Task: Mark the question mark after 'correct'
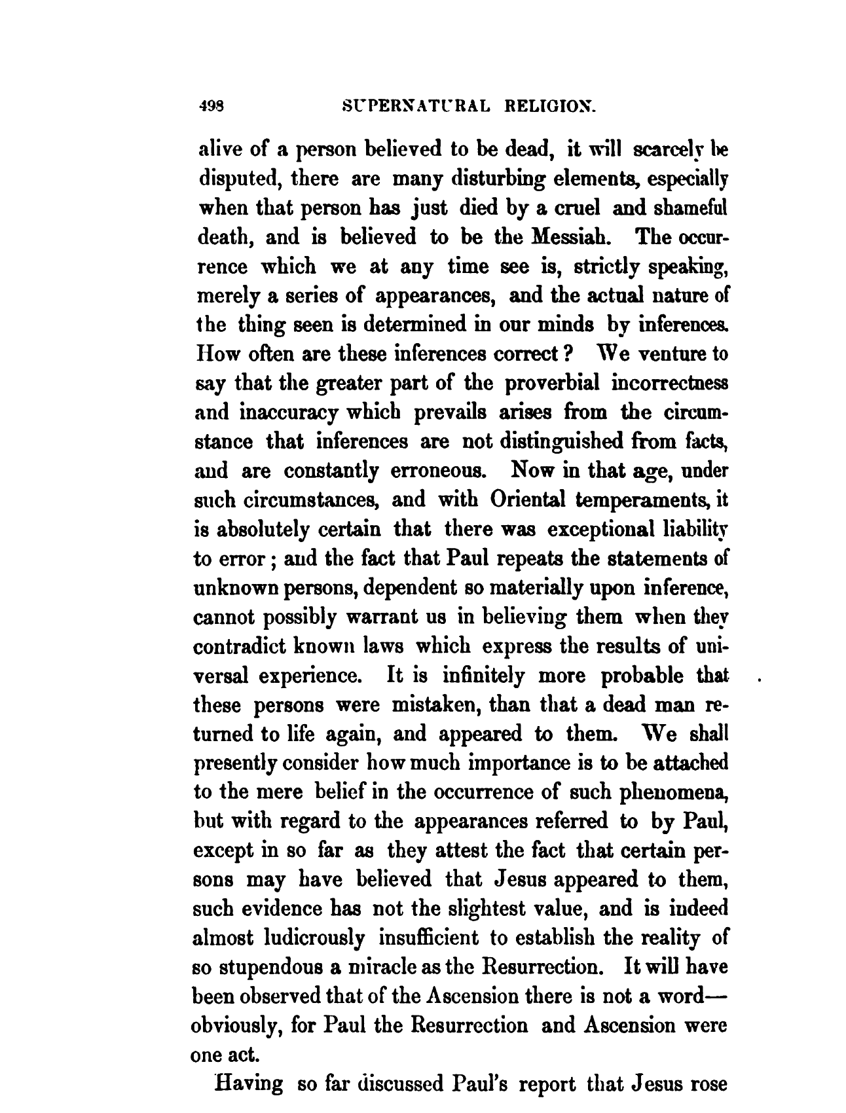point(570,355)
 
